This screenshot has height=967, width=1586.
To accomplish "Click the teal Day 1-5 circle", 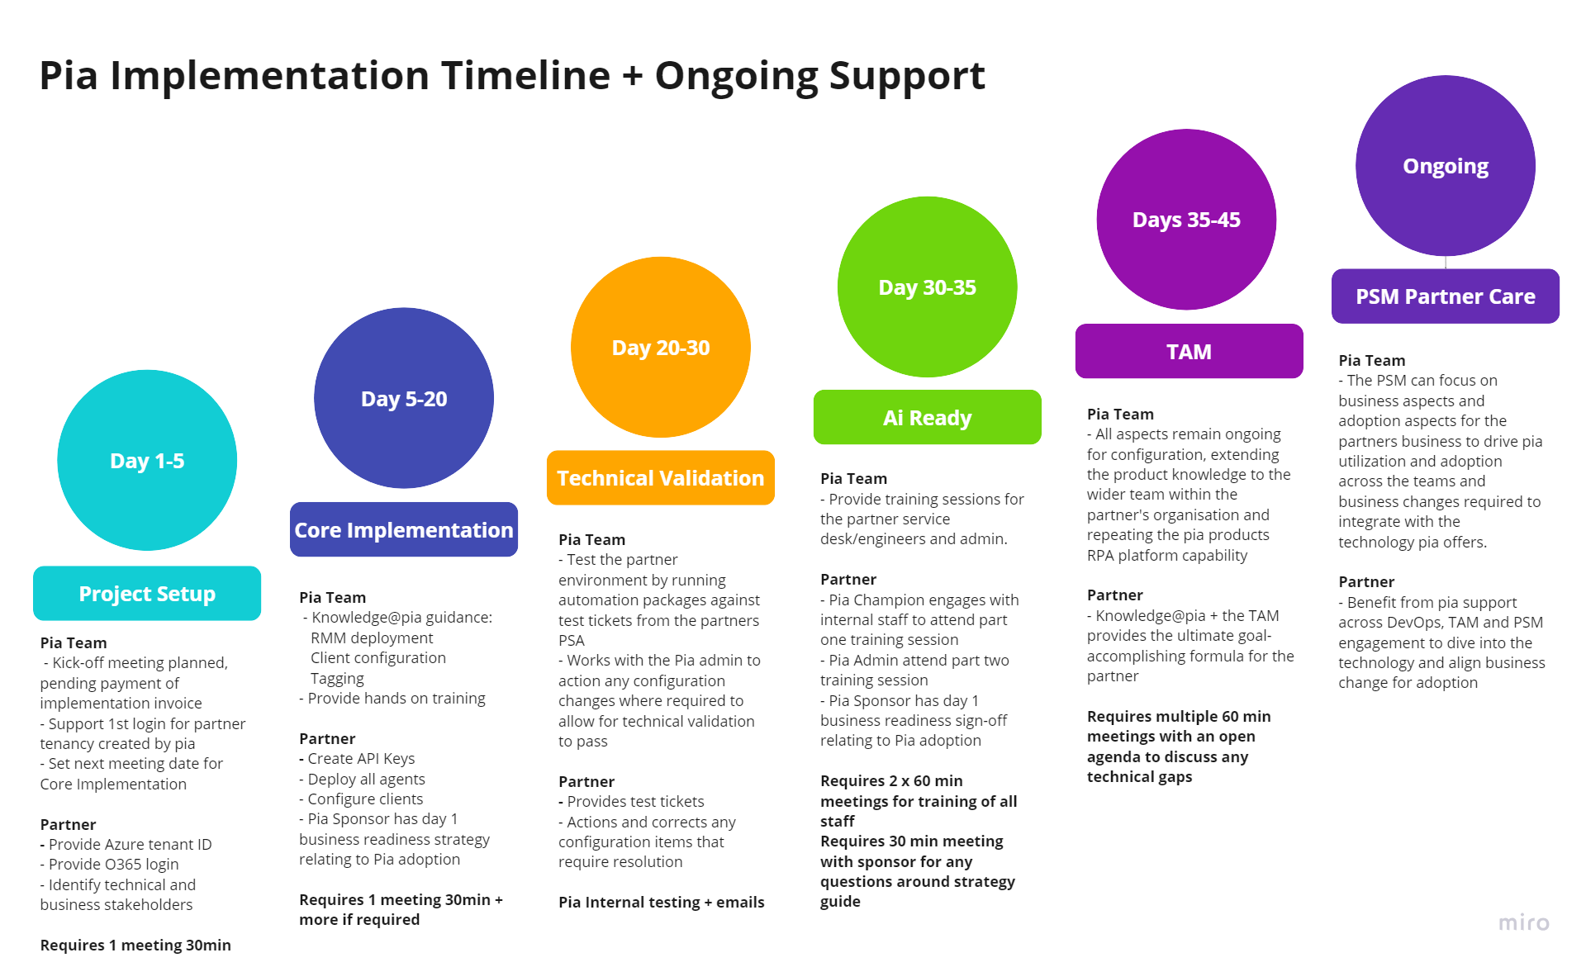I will [x=147, y=460].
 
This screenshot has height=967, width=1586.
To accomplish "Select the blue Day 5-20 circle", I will [x=404, y=398].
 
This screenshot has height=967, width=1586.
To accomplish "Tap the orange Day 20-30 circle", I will [x=661, y=347].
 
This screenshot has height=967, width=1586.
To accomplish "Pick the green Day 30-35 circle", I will [x=927, y=287].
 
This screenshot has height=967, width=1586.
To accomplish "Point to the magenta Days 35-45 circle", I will [x=1186, y=219].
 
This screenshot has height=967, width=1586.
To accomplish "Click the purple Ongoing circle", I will [x=1446, y=165].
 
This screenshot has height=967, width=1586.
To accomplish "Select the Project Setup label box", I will [x=147, y=593].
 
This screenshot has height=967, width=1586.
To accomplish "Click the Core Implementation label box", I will [x=404, y=529].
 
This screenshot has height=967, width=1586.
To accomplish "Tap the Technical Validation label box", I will [x=661, y=477].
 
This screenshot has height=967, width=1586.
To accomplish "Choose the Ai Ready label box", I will [x=927, y=417].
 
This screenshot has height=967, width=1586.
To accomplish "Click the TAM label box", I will [x=1189, y=351].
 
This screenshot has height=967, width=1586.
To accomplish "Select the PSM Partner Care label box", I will [x=1446, y=296].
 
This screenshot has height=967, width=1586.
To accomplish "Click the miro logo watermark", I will [x=1524, y=922].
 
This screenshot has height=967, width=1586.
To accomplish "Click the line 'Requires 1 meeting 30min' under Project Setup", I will [x=135, y=945].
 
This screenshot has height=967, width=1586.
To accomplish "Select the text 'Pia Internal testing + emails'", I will [x=661, y=902].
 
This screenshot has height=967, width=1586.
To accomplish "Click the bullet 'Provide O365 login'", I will [x=113, y=864].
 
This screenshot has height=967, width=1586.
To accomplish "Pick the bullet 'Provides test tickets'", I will [x=635, y=801].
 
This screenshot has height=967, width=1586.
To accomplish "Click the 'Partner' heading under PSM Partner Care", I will [x=1366, y=581].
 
